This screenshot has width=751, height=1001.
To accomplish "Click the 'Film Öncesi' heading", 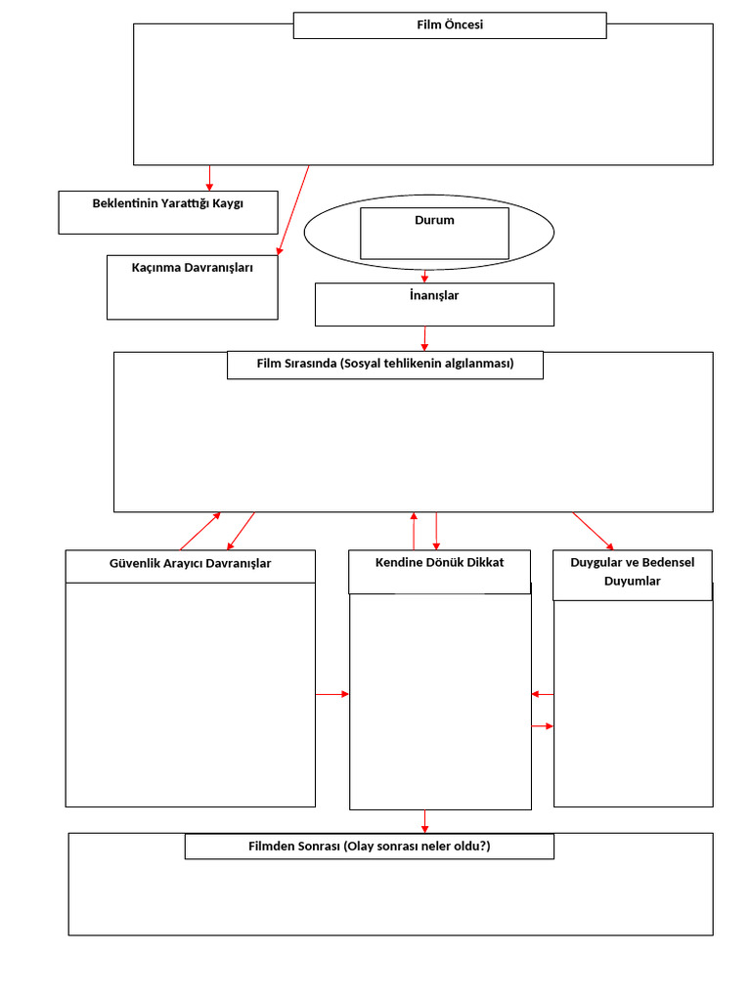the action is (x=450, y=24).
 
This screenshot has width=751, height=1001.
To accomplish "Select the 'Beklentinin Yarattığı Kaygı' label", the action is (x=168, y=203).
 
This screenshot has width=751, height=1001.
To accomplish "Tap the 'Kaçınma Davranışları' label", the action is (x=193, y=268).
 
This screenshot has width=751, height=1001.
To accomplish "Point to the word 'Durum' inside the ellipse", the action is (x=434, y=220).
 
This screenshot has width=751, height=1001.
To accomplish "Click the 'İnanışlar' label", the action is (x=434, y=295).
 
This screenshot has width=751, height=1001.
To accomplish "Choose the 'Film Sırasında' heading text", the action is (x=297, y=364).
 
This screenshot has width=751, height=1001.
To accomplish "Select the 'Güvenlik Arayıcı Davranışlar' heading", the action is (x=191, y=564).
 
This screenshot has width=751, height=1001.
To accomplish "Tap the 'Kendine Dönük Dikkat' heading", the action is (x=439, y=562).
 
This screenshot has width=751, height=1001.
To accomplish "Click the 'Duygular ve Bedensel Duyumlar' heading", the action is (x=633, y=571).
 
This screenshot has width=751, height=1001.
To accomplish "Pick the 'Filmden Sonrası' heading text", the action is (x=294, y=847).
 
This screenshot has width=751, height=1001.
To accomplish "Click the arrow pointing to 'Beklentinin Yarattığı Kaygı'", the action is (x=209, y=178).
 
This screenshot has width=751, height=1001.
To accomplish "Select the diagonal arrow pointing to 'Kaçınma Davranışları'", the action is (x=293, y=211).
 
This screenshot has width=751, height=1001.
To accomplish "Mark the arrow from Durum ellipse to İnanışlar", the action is (x=424, y=276).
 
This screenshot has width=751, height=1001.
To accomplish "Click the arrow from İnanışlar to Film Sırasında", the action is (x=424, y=338).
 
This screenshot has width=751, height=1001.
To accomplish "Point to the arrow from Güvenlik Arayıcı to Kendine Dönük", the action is (x=332, y=694).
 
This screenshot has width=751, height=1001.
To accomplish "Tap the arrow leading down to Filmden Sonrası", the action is (x=424, y=821).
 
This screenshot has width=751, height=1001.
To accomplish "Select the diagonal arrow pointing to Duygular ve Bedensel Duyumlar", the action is (x=594, y=531).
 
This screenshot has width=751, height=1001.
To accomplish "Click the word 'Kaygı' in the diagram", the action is (x=227, y=203).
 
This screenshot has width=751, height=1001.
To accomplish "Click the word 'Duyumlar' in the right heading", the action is (x=633, y=581).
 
